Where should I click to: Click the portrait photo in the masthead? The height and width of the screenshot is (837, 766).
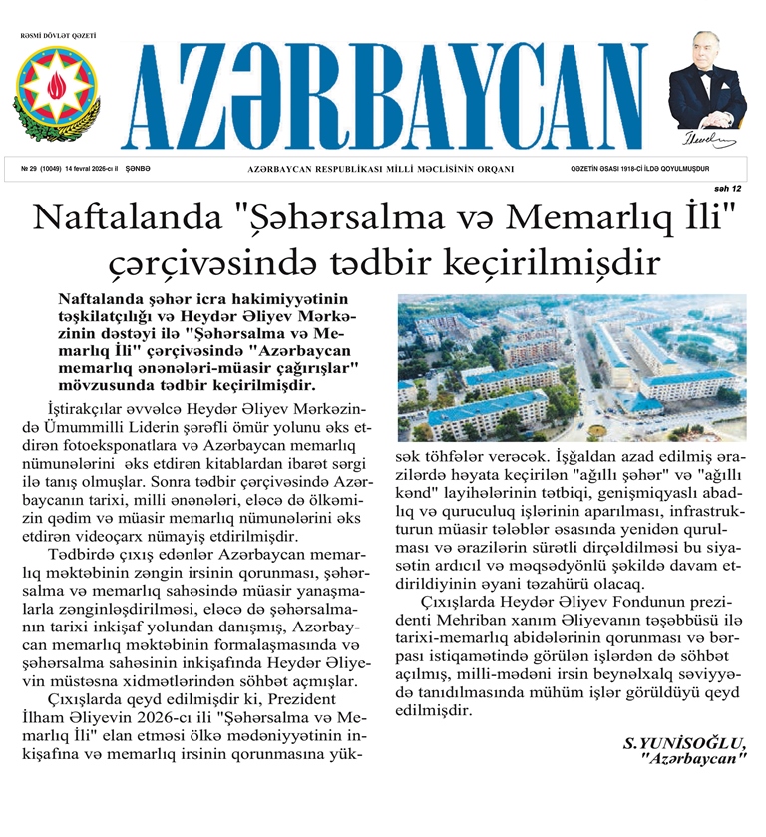tap(707, 80)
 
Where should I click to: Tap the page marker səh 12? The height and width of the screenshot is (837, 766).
tap(728, 188)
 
